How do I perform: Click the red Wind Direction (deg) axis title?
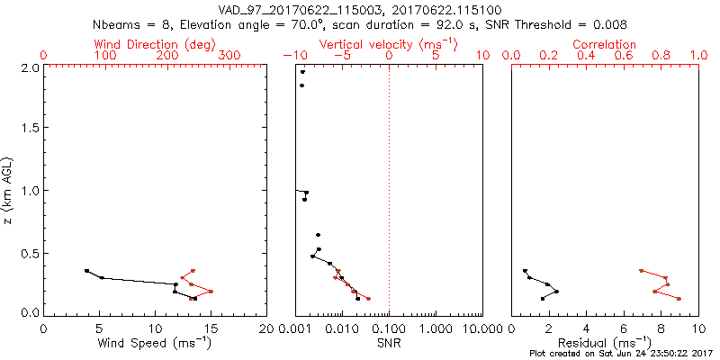point(154,44)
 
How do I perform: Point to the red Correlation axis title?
point(604,44)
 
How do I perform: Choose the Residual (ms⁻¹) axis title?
point(605,343)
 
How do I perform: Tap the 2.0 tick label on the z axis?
point(30,67)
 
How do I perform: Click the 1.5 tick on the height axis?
point(30,129)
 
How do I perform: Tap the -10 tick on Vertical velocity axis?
point(293,56)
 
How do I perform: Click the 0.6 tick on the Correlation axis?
point(622,56)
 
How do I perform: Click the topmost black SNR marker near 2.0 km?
point(303,72)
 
